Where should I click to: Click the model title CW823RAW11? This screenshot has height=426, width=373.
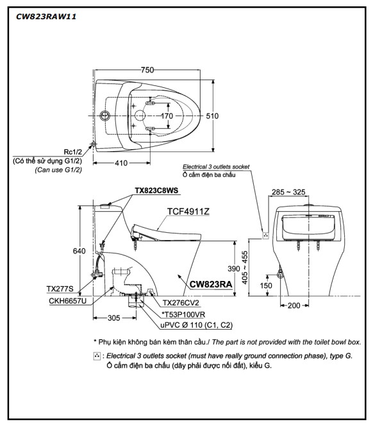pyautogui.click(x=46, y=17)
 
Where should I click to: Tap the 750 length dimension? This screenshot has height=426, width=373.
pyautogui.click(x=147, y=70)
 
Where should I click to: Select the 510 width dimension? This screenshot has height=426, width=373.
pyautogui.click(x=212, y=116)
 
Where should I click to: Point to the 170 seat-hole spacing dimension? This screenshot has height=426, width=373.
pyautogui.click(x=167, y=116)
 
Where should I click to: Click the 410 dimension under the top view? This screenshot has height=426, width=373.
pyautogui.click(x=121, y=163)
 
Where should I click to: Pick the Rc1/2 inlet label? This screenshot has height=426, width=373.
pyautogui.click(x=72, y=152)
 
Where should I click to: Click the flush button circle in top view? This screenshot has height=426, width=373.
pyautogui.click(x=104, y=115)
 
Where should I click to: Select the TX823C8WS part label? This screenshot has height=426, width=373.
pyautogui.click(x=156, y=191)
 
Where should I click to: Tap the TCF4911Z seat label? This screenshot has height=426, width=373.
pyautogui.click(x=188, y=211)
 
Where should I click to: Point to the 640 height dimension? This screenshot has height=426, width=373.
pyautogui.click(x=79, y=251)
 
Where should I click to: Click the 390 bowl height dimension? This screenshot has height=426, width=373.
pyautogui.click(x=234, y=269)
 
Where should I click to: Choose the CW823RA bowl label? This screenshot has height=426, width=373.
pyautogui.click(x=211, y=284)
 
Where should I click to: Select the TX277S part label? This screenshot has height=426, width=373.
pyautogui.click(x=60, y=289)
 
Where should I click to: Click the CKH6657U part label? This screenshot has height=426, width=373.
pyautogui.click(x=67, y=301)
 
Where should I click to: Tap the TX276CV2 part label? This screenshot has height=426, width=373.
pyautogui.click(x=181, y=303)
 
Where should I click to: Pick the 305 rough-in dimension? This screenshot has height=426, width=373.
pyautogui.click(x=113, y=318)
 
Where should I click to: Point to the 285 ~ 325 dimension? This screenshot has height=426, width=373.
pyautogui.click(x=288, y=192)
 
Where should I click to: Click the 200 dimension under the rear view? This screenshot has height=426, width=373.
pyautogui.click(x=294, y=305)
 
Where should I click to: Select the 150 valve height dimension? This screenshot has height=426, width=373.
pyautogui.click(x=266, y=285)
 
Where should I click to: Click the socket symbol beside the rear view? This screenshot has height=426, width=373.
pyautogui.click(x=265, y=235)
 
